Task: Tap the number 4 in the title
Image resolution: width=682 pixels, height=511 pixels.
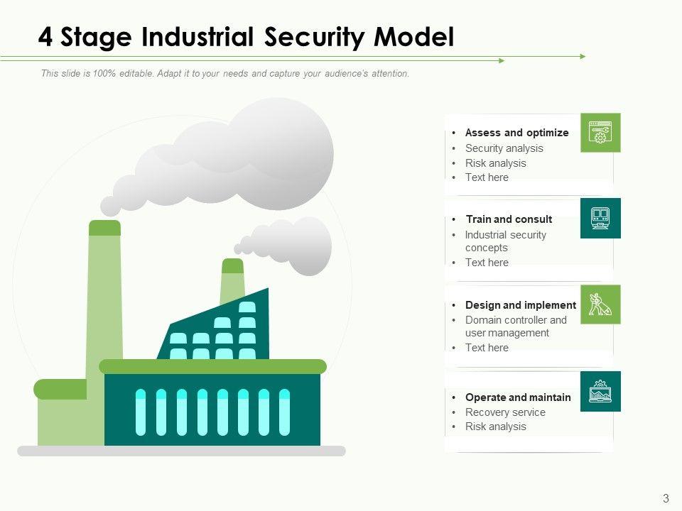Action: pos(45,37)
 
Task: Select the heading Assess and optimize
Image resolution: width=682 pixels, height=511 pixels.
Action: pos(516,133)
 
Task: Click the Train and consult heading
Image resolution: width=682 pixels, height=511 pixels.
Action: pos(509,219)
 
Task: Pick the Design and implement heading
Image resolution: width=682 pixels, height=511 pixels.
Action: pos(520,305)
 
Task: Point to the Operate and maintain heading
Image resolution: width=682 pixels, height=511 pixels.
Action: pos(518,397)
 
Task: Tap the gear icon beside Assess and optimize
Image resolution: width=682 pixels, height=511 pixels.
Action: pos(600,133)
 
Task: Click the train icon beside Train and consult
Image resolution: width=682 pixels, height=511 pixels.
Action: pos(600,219)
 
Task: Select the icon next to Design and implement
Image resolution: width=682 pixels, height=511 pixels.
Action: pos(600,304)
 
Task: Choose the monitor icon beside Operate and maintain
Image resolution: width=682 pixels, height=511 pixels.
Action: pos(600,391)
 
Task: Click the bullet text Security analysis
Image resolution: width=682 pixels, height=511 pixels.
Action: pos(504,148)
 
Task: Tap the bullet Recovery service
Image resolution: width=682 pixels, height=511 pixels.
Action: pos(505,412)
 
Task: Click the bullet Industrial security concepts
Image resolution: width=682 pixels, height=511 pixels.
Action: pos(505,241)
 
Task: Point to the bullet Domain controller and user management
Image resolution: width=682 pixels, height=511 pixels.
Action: pos(516,326)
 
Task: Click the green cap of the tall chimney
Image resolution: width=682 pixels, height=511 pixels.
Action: pos(105,228)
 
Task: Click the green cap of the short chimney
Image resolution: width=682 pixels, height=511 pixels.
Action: pos(232,265)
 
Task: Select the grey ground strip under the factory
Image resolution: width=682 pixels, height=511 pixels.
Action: pos(181,451)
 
